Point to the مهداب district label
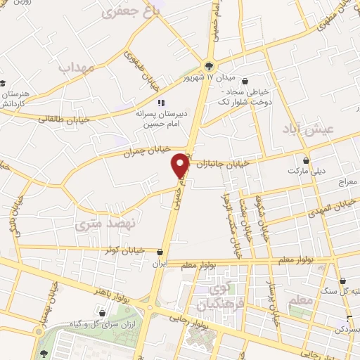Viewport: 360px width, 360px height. [x=77, y=68]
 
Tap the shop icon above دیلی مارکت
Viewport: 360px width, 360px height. [x=306, y=159]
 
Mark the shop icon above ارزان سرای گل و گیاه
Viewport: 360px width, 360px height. [x=103, y=313]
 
